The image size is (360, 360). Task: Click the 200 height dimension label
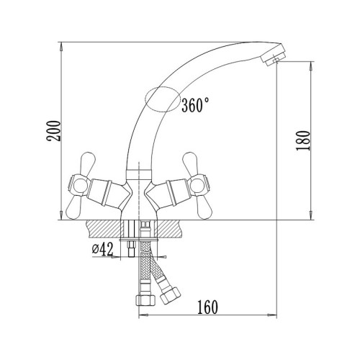(54, 131)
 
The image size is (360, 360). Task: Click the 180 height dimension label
(302, 140)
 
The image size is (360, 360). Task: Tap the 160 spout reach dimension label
(207, 307)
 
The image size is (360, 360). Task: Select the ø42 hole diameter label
(102, 249)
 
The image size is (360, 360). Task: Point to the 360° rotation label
(195, 105)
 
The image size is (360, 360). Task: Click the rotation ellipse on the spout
(163, 99)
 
